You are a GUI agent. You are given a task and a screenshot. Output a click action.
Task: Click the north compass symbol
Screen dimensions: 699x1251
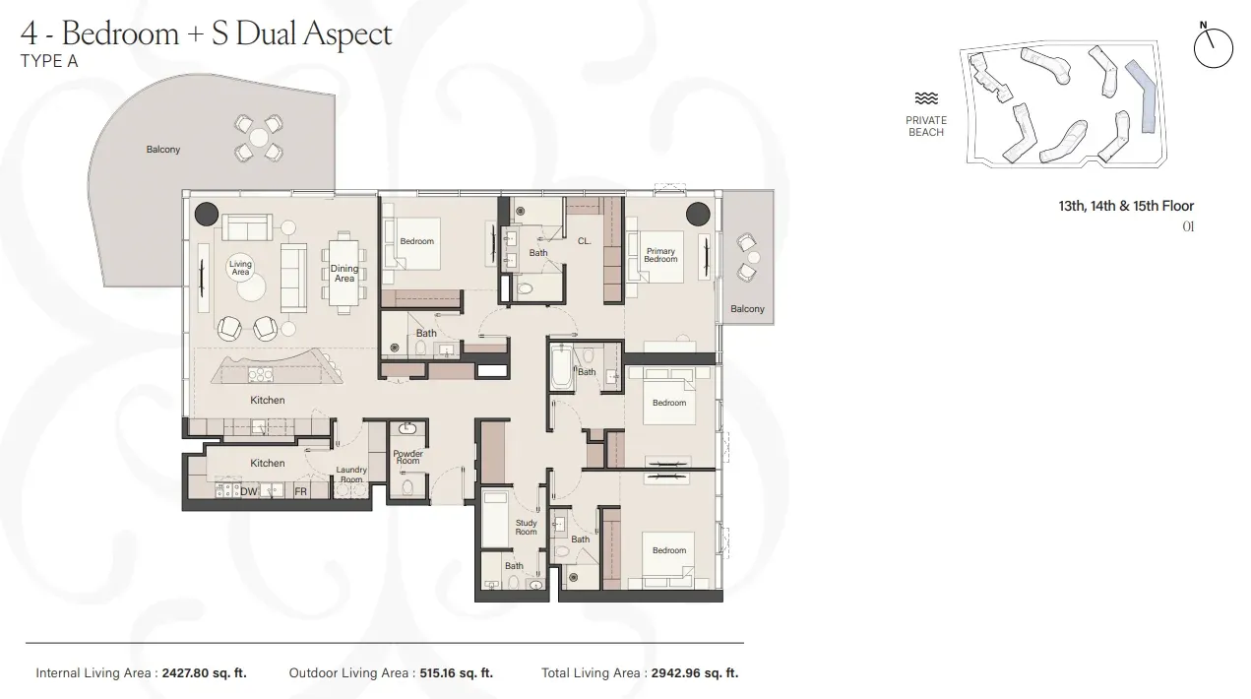(1213, 47)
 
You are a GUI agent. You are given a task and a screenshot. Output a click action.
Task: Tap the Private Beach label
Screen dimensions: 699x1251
(926, 126)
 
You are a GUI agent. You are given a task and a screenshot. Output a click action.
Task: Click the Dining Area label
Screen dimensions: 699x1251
(344, 274)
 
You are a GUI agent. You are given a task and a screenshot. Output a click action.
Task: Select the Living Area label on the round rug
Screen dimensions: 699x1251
(240, 268)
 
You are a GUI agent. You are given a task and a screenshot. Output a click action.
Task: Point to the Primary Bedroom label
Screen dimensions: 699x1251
(660, 255)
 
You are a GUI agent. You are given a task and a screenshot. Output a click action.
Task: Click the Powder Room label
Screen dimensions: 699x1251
(407, 458)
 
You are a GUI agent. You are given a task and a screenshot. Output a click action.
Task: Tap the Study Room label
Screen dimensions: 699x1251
(527, 528)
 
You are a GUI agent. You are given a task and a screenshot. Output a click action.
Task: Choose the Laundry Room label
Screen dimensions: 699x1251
(351, 475)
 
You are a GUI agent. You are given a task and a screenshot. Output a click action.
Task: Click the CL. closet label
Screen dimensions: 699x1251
(585, 241)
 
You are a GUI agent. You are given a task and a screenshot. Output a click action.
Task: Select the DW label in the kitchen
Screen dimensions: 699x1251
(249, 491)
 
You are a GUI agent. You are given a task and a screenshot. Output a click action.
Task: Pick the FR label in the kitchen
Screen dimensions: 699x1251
(300, 491)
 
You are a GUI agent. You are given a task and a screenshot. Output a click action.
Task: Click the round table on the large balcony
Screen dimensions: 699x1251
(258, 138)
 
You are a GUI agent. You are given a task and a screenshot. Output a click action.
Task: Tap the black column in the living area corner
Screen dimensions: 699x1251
(207, 213)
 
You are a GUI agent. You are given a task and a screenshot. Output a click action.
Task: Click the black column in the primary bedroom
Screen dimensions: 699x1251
(698, 214)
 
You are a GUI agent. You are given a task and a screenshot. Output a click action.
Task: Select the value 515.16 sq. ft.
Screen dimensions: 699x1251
(452, 673)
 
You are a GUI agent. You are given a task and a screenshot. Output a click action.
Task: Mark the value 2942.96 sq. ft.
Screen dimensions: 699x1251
(695, 673)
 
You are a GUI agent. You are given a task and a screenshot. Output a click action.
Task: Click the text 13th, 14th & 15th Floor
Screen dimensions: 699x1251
(1126, 206)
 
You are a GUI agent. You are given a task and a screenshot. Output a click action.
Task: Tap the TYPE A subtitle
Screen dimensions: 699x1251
(49, 61)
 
